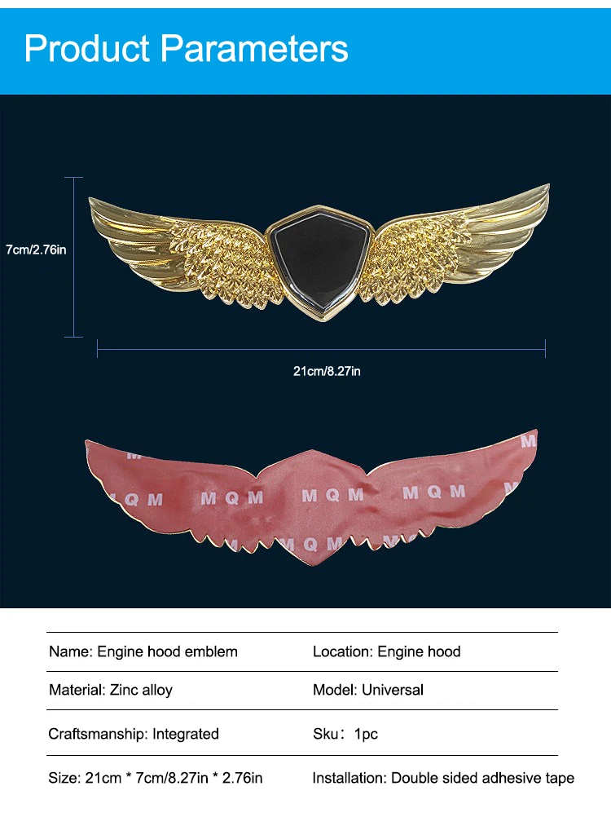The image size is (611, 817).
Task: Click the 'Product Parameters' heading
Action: [x=186, y=48]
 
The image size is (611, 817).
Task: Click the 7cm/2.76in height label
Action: [x=36, y=250]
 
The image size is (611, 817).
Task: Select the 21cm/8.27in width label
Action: [x=327, y=371]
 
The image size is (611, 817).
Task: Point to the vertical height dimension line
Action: [x=74, y=257]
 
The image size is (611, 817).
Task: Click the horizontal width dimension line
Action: [x=321, y=349]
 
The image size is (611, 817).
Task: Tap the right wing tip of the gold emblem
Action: [x=548, y=185]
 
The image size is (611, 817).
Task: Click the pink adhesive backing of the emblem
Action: [x=312, y=495]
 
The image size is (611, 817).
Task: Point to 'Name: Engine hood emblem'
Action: [x=143, y=651]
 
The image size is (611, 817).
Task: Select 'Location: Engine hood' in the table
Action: [x=387, y=651]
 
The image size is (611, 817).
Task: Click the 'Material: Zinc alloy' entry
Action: [x=110, y=690]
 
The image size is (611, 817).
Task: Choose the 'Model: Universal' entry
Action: [x=368, y=690]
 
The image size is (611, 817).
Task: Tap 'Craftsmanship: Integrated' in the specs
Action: [x=134, y=734]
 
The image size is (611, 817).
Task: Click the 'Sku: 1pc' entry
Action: [x=345, y=734]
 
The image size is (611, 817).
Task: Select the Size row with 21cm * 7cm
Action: [x=155, y=778]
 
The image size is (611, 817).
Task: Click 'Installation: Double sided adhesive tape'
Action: [x=443, y=778]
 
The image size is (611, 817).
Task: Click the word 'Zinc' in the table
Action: [x=124, y=690]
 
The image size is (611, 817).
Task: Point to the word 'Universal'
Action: [x=393, y=690]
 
